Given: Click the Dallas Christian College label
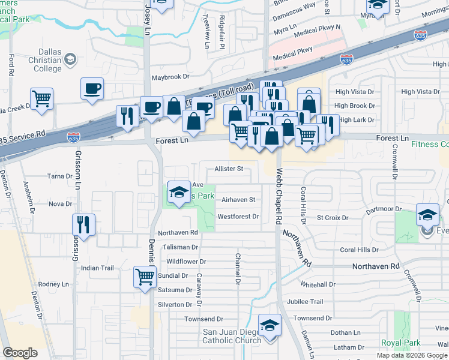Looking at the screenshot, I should pyautogui.click(x=39, y=60).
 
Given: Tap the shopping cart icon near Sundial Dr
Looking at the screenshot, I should pyautogui.click(x=145, y=278).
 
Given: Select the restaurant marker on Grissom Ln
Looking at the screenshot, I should pyautogui.click(x=83, y=225).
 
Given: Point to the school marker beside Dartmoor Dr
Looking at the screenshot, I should pyautogui.click(x=427, y=215).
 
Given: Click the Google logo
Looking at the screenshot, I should pyautogui.click(x=20, y=352).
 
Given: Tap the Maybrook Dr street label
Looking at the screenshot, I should pyautogui.click(x=170, y=77).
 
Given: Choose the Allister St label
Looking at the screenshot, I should pyautogui.click(x=229, y=169).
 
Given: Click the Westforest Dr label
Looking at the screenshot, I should pyautogui.click(x=238, y=217).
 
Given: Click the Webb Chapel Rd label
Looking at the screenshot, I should pyautogui.click(x=279, y=189).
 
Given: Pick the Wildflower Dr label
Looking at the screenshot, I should pyautogui.click(x=186, y=262).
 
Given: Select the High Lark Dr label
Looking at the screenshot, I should pyautogui.click(x=357, y=120).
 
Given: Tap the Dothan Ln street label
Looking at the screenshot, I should pyautogui.click(x=345, y=332).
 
